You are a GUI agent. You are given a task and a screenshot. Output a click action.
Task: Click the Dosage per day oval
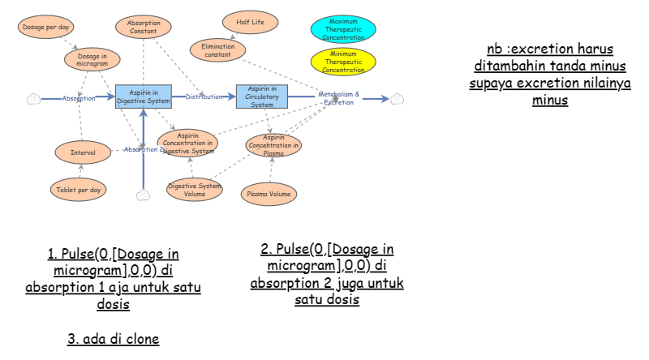(x=45, y=27)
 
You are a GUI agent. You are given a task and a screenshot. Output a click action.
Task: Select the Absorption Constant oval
(x=144, y=27)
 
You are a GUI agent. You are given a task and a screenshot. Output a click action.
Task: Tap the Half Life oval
(x=250, y=22)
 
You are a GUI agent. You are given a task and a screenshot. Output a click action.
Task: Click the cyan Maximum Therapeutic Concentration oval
(x=343, y=29)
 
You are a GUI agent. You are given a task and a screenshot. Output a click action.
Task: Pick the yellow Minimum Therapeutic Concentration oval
(x=343, y=62)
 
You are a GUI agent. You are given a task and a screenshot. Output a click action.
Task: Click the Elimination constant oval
(x=217, y=50)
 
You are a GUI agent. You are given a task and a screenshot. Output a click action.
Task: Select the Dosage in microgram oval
(x=92, y=59)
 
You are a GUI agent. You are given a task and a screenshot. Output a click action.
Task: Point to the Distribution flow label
(x=204, y=97)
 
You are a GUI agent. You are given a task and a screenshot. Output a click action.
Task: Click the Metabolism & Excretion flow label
(x=338, y=98)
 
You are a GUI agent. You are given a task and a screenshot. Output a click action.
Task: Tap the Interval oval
(x=83, y=152)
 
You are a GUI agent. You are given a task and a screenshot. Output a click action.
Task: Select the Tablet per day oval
(x=79, y=190)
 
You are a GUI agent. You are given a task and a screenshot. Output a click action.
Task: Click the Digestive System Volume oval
(x=194, y=190)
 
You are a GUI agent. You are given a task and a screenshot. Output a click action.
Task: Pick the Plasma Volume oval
(x=269, y=194)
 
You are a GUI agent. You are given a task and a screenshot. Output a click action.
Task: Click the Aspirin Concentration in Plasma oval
(x=273, y=145)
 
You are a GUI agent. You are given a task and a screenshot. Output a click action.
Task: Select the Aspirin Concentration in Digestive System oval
(x=188, y=143)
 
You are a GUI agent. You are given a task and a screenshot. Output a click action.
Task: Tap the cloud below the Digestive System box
(x=144, y=195)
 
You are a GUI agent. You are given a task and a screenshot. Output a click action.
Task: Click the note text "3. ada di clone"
(x=113, y=339)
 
